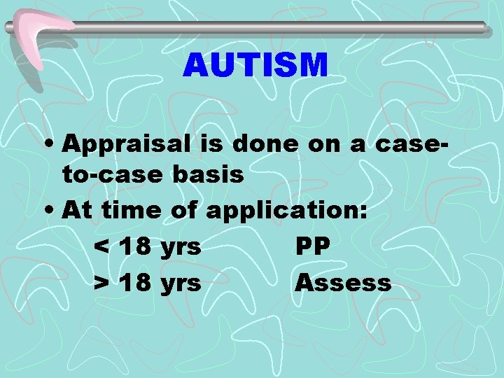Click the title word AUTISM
click(x=255, y=66)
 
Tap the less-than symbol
click(x=101, y=247)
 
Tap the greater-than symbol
click(x=101, y=283)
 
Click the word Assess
click(x=342, y=283)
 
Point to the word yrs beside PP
click(x=181, y=248)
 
